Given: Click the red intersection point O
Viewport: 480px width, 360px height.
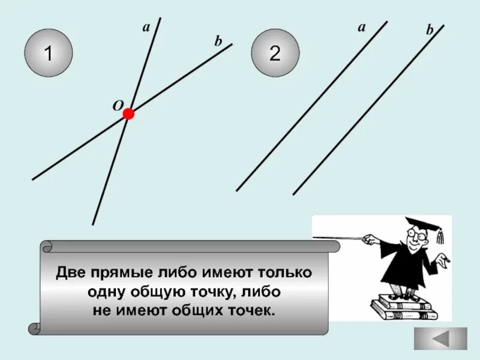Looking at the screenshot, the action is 128,114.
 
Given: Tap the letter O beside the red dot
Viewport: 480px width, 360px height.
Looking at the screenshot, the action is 117,105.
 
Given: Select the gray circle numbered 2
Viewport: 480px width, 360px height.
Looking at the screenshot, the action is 275,54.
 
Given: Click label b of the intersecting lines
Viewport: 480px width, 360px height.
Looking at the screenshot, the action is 218,41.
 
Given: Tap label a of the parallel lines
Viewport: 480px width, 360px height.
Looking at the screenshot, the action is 361,27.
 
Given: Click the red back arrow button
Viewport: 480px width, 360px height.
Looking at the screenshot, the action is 441,338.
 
